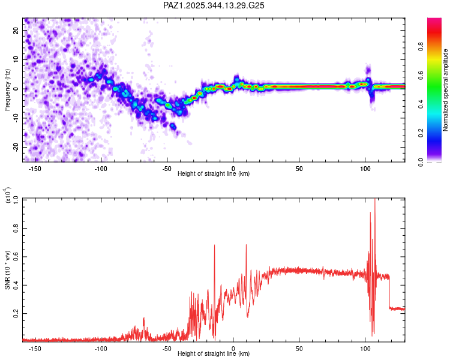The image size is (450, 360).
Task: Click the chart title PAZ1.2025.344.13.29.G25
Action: [x=214, y=5]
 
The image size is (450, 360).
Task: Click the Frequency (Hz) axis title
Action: [x=8, y=89]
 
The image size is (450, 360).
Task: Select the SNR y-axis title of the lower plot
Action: [x=8, y=269]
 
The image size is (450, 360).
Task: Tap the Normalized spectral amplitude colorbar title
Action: [x=446, y=89]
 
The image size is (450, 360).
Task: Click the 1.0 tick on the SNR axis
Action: [x=17, y=199]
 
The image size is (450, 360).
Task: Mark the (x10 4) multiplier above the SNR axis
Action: [x=8, y=196]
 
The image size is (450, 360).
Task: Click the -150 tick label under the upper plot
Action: [x=35, y=169]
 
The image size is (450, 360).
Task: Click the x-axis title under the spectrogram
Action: [x=214, y=174]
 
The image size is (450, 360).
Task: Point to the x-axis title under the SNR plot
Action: [x=214, y=354]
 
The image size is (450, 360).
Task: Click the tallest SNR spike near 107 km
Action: [x=375, y=199]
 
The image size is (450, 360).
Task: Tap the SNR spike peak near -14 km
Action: [x=214, y=245]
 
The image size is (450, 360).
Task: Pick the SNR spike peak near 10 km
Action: [x=246, y=245]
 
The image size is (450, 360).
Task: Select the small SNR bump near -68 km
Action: [x=143, y=319]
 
